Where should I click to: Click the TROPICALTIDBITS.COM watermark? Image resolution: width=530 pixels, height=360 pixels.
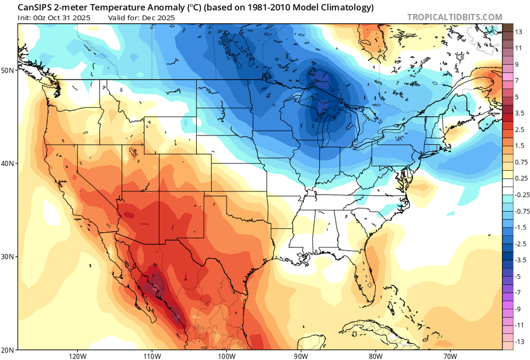click(454, 17)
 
